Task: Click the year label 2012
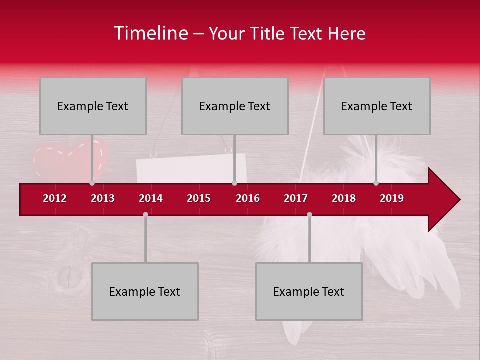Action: tap(55, 198)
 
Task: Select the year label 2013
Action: tap(103, 198)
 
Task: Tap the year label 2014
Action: tap(151, 198)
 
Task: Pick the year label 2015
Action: tap(199, 198)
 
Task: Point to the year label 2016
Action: tap(248, 198)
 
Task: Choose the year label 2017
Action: tap(296, 198)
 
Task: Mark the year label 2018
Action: tap(344, 198)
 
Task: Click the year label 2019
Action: tap(392, 198)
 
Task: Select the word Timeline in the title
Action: tap(150, 33)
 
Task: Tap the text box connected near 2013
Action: tap(93, 106)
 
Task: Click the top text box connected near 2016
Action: tap(235, 106)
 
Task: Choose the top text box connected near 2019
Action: tap(377, 106)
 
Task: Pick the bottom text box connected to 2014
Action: tap(145, 291)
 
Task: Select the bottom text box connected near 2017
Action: tap(309, 291)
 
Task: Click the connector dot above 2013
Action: tap(92, 183)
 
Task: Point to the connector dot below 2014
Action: tap(145, 214)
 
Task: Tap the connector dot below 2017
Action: tap(309, 214)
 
